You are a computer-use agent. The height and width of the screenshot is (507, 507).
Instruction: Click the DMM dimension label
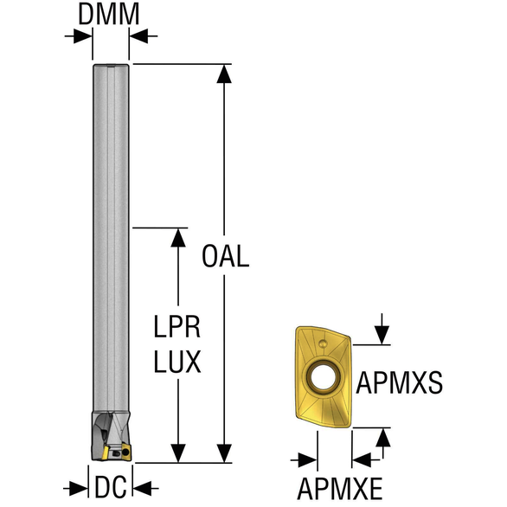(x=109, y=15)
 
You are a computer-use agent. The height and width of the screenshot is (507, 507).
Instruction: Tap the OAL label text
(x=225, y=256)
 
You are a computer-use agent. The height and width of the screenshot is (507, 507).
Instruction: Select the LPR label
(x=176, y=327)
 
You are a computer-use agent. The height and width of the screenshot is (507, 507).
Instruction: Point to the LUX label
(x=177, y=362)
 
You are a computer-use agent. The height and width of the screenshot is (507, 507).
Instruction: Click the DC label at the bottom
(x=110, y=487)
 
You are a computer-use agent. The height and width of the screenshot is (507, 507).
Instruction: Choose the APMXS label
(x=400, y=382)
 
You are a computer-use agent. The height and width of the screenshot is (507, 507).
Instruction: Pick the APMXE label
(x=340, y=489)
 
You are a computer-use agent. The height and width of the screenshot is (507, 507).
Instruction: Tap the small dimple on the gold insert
(x=323, y=343)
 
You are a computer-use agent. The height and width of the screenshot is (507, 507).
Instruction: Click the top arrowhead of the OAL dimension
(x=224, y=74)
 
